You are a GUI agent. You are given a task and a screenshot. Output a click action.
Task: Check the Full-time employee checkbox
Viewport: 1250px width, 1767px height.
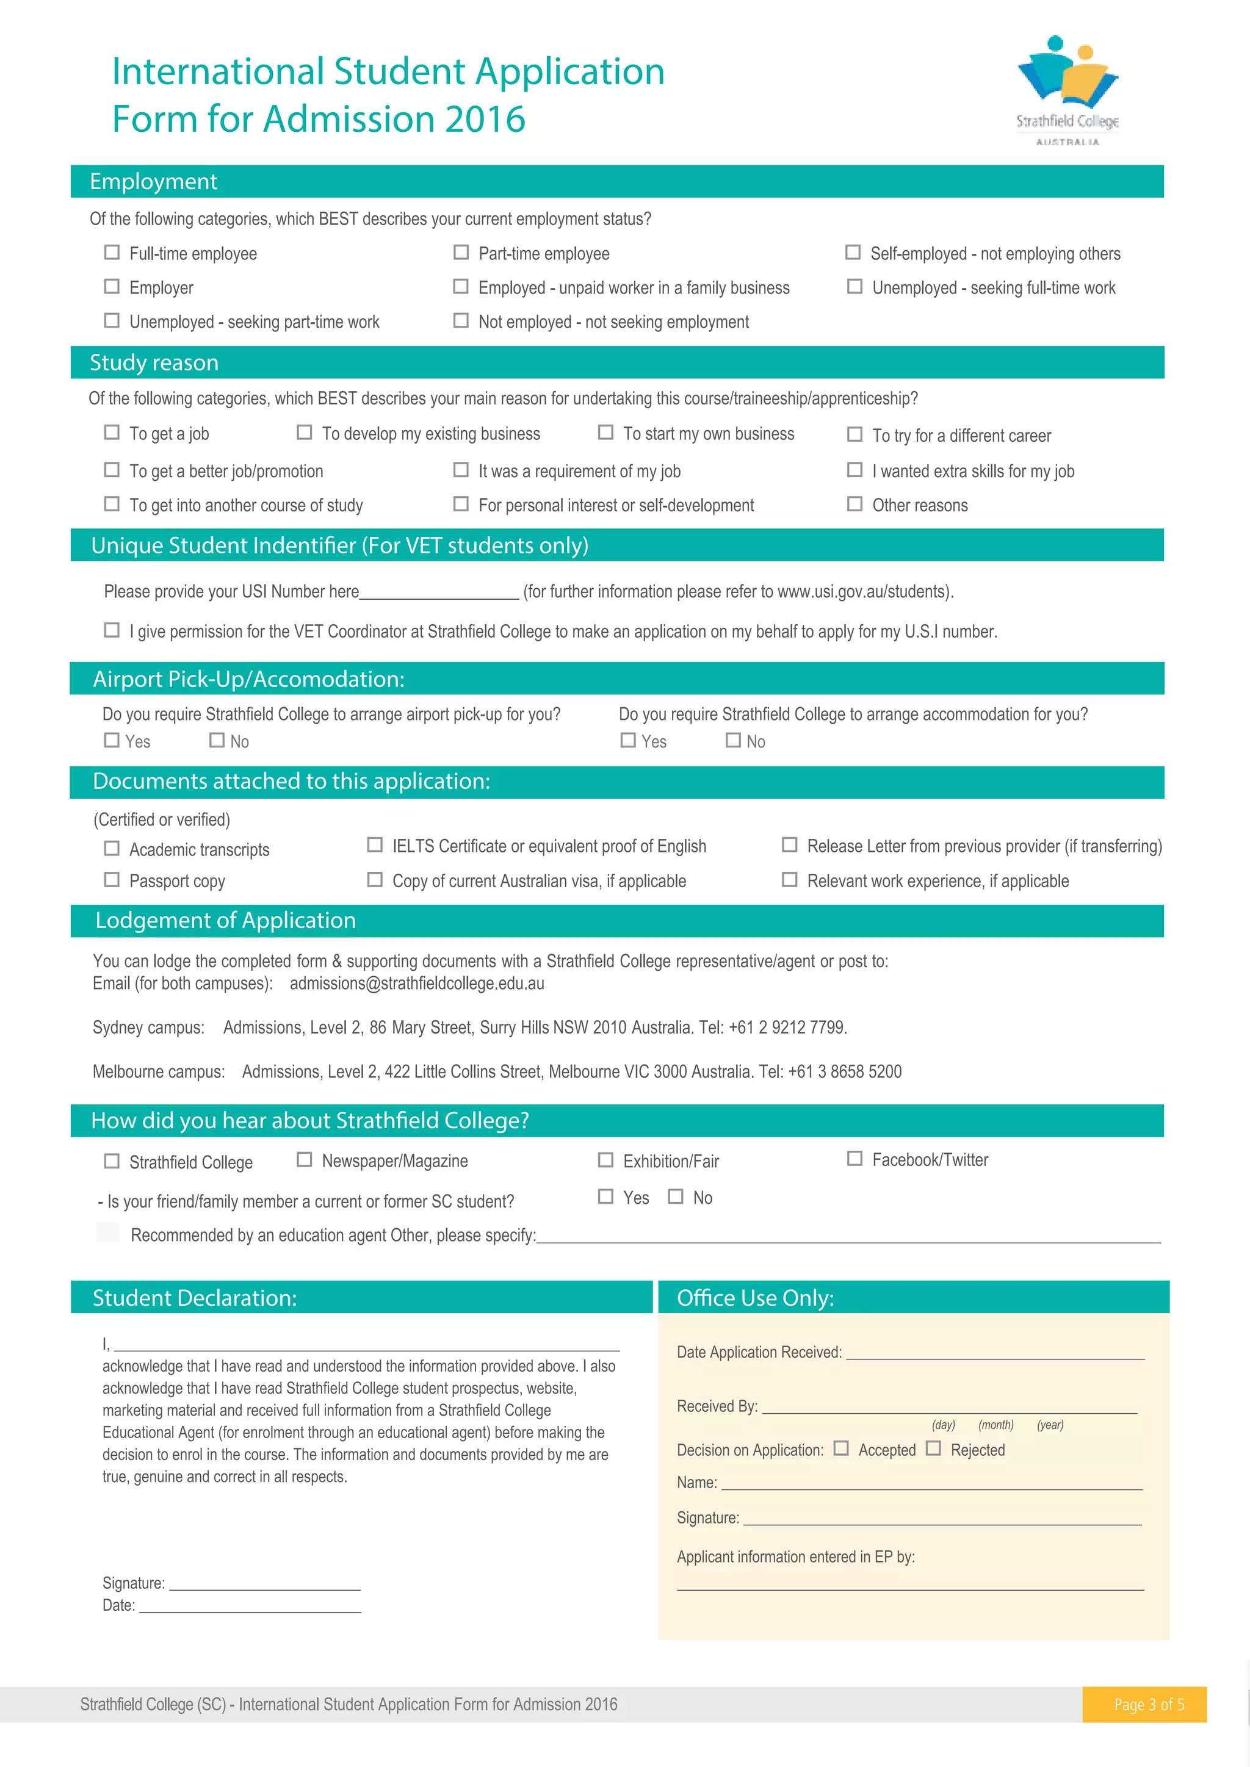click(112, 253)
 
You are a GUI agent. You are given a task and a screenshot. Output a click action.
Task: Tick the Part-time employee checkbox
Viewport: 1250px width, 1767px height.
click(461, 253)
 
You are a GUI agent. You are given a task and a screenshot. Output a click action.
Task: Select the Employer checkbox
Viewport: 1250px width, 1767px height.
click(112, 286)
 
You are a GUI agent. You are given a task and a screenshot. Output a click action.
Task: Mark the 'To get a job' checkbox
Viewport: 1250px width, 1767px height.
click(112, 433)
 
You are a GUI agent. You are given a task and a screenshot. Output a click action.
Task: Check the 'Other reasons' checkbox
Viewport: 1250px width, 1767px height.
click(854, 504)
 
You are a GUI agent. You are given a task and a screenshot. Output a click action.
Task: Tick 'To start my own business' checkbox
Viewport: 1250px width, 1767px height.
click(605, 433)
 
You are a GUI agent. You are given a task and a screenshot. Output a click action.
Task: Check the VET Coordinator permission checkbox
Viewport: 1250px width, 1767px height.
click(112, 630)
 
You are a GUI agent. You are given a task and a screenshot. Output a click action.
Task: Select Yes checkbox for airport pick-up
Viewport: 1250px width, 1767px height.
click(112, 740)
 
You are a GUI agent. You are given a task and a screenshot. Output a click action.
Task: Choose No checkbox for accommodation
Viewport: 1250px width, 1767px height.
click(734, 740)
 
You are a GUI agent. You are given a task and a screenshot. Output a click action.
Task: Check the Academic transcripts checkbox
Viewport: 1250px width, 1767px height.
click(112, 848)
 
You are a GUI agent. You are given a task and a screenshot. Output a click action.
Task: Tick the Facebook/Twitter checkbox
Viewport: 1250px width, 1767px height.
click(854, 1159)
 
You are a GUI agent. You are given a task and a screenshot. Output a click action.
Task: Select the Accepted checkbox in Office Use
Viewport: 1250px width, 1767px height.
click(841, 1449)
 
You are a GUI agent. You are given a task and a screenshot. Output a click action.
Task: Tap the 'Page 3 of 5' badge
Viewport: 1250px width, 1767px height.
click(1149, 1705)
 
